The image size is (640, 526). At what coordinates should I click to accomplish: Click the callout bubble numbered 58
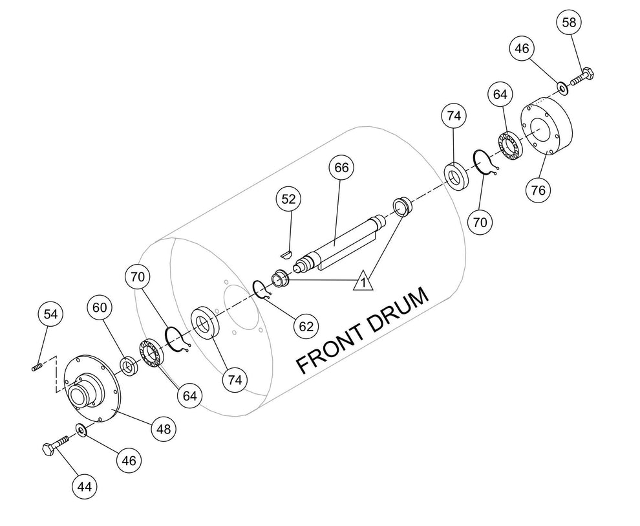pyautogui.click(x=569, y=22)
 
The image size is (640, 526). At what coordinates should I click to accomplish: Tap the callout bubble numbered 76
pyautogui.click(x=539, y=190)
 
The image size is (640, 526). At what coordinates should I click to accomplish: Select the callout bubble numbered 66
pyautogui.click(x=341, y=168)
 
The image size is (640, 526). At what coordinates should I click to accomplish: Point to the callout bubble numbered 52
pyautogui.click(x=288, y=199)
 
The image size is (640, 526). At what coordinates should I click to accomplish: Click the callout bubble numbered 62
pyautogui.click(x=306, y=326)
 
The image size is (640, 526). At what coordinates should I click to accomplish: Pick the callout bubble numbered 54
pyautogui.click(x=50, y=314)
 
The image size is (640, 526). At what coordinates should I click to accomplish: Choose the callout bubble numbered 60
pyautogui.click(x=100, y=307)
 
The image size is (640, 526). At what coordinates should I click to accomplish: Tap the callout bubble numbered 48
pyautogui.click(x=164, y=429)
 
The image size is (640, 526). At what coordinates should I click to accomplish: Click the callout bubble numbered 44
pyautogui.click(x=85, y=487)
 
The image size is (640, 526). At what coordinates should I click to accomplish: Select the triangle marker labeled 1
pyautogui.click(x=363, y=281)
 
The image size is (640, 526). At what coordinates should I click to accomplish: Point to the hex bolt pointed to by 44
pyautogui.click(x=56, y=446)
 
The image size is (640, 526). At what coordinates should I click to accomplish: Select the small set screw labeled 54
pyautogui.click(x=37, y=367)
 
